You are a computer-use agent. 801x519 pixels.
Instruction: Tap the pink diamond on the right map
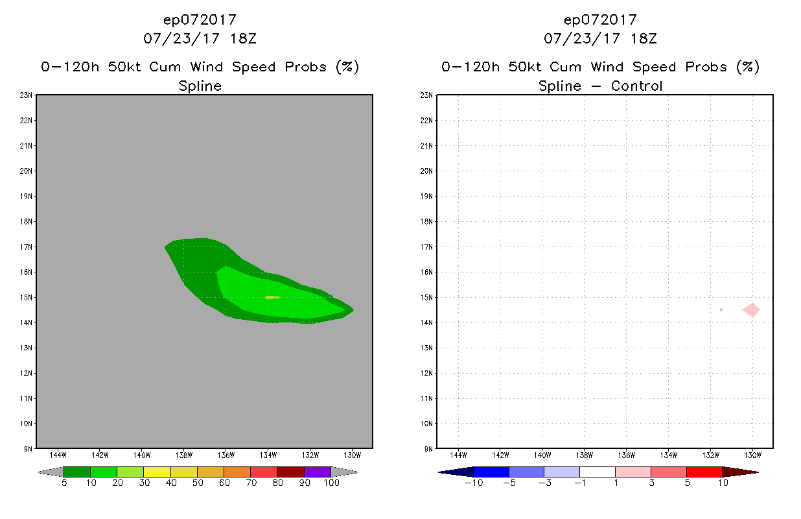coord(752,310)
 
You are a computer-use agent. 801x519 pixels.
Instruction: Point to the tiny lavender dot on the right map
coord(721,309)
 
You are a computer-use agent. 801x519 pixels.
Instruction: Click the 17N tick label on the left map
coord(28,247)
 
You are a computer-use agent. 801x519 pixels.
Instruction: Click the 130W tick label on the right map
coord(752,454)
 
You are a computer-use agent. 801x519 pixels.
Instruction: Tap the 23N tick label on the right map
coord(427,95)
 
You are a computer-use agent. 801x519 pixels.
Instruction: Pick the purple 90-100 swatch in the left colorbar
coord(318,472)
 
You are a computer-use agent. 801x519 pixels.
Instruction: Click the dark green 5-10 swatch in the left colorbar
coord(77,472)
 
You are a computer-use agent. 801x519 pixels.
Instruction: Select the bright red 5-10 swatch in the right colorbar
coord(704,472)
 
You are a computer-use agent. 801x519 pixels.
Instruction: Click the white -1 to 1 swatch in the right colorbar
coord(597,472)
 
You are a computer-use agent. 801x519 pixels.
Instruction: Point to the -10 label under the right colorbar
coord(473,483)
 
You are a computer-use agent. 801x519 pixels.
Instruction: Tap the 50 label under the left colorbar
coord(197,483)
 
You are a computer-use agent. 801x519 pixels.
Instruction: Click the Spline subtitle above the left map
coord(200,86)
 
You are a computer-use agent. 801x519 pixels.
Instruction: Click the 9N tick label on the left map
coord(29,449)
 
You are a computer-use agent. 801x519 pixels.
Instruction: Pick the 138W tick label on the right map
coord(585,454)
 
